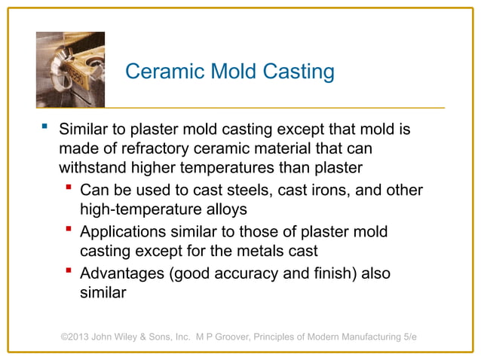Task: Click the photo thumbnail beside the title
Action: click(70, 70)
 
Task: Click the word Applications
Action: click(124, 231)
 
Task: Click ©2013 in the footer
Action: click(77, 337)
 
